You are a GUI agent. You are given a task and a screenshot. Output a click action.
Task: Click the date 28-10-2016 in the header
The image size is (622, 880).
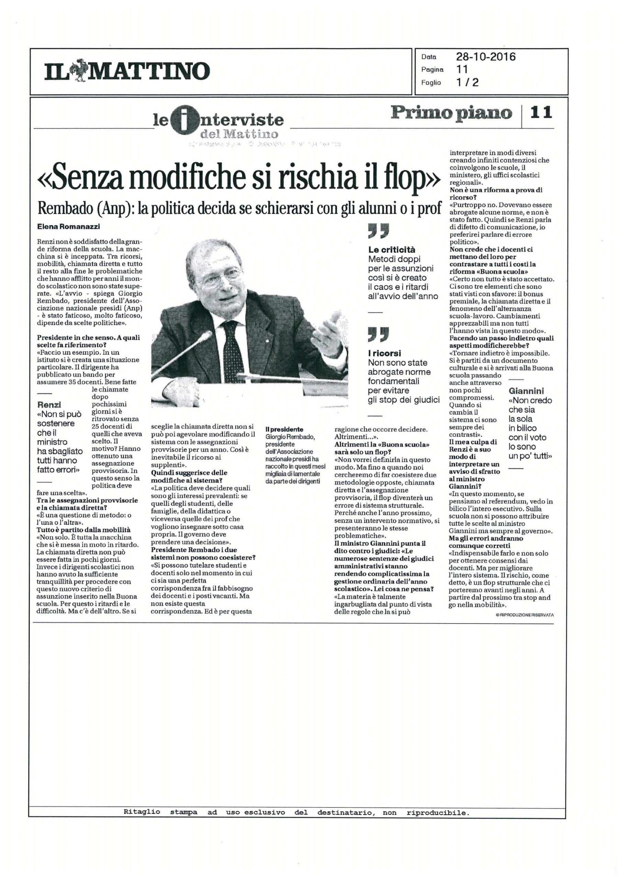[486, 57]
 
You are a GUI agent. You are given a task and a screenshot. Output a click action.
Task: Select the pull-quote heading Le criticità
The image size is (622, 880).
[392, 250]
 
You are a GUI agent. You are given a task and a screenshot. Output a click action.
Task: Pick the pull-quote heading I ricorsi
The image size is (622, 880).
[384, 353]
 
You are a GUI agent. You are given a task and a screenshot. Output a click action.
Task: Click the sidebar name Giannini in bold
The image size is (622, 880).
[526, 391]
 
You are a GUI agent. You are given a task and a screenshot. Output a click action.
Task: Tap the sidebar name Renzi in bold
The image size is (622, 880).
[49, 405]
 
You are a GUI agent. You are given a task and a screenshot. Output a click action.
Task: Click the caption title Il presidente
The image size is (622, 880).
[284, 430]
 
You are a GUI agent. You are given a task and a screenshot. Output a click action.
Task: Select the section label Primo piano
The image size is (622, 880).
[451, 113]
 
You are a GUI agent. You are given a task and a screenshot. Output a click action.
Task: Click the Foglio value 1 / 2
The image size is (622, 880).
[467, 82]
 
